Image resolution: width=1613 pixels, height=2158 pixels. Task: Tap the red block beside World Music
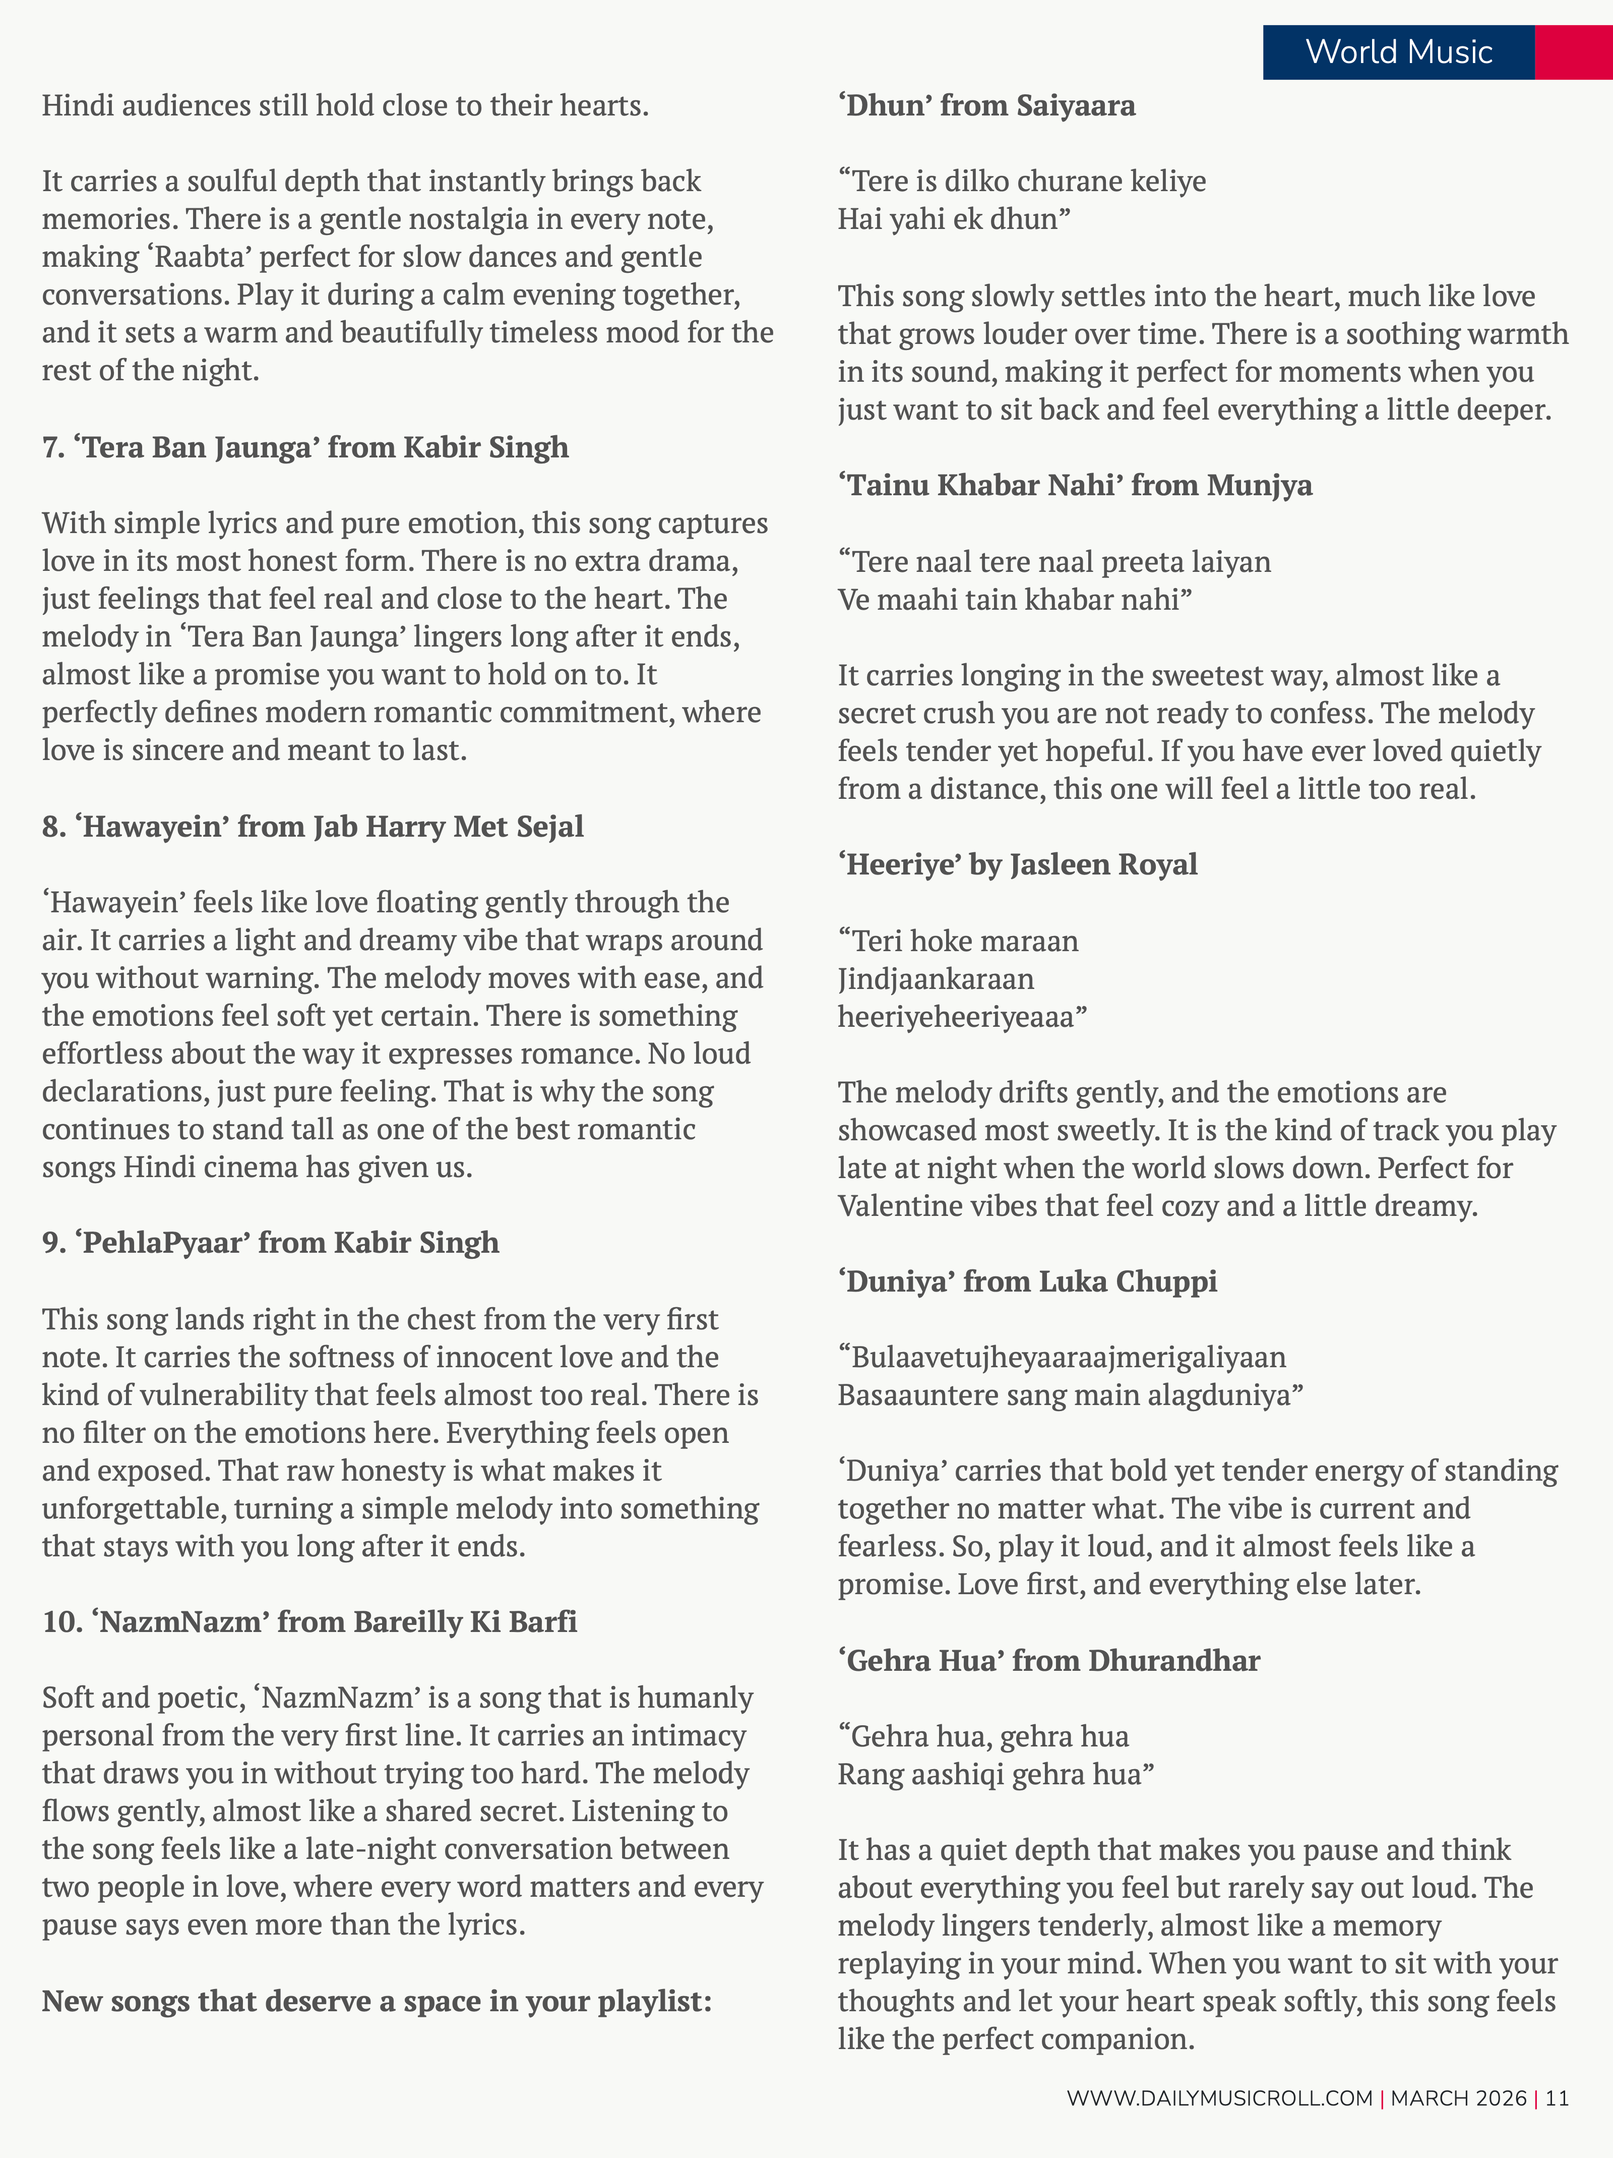click(1573, 52)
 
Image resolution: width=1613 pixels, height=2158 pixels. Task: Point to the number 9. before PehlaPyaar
click(53, 1243)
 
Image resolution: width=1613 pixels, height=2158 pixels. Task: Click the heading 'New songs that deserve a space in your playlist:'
click(377, 2001)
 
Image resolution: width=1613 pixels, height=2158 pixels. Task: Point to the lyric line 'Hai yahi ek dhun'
click(954, 219)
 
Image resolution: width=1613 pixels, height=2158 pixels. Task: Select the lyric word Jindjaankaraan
click(935, 978)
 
